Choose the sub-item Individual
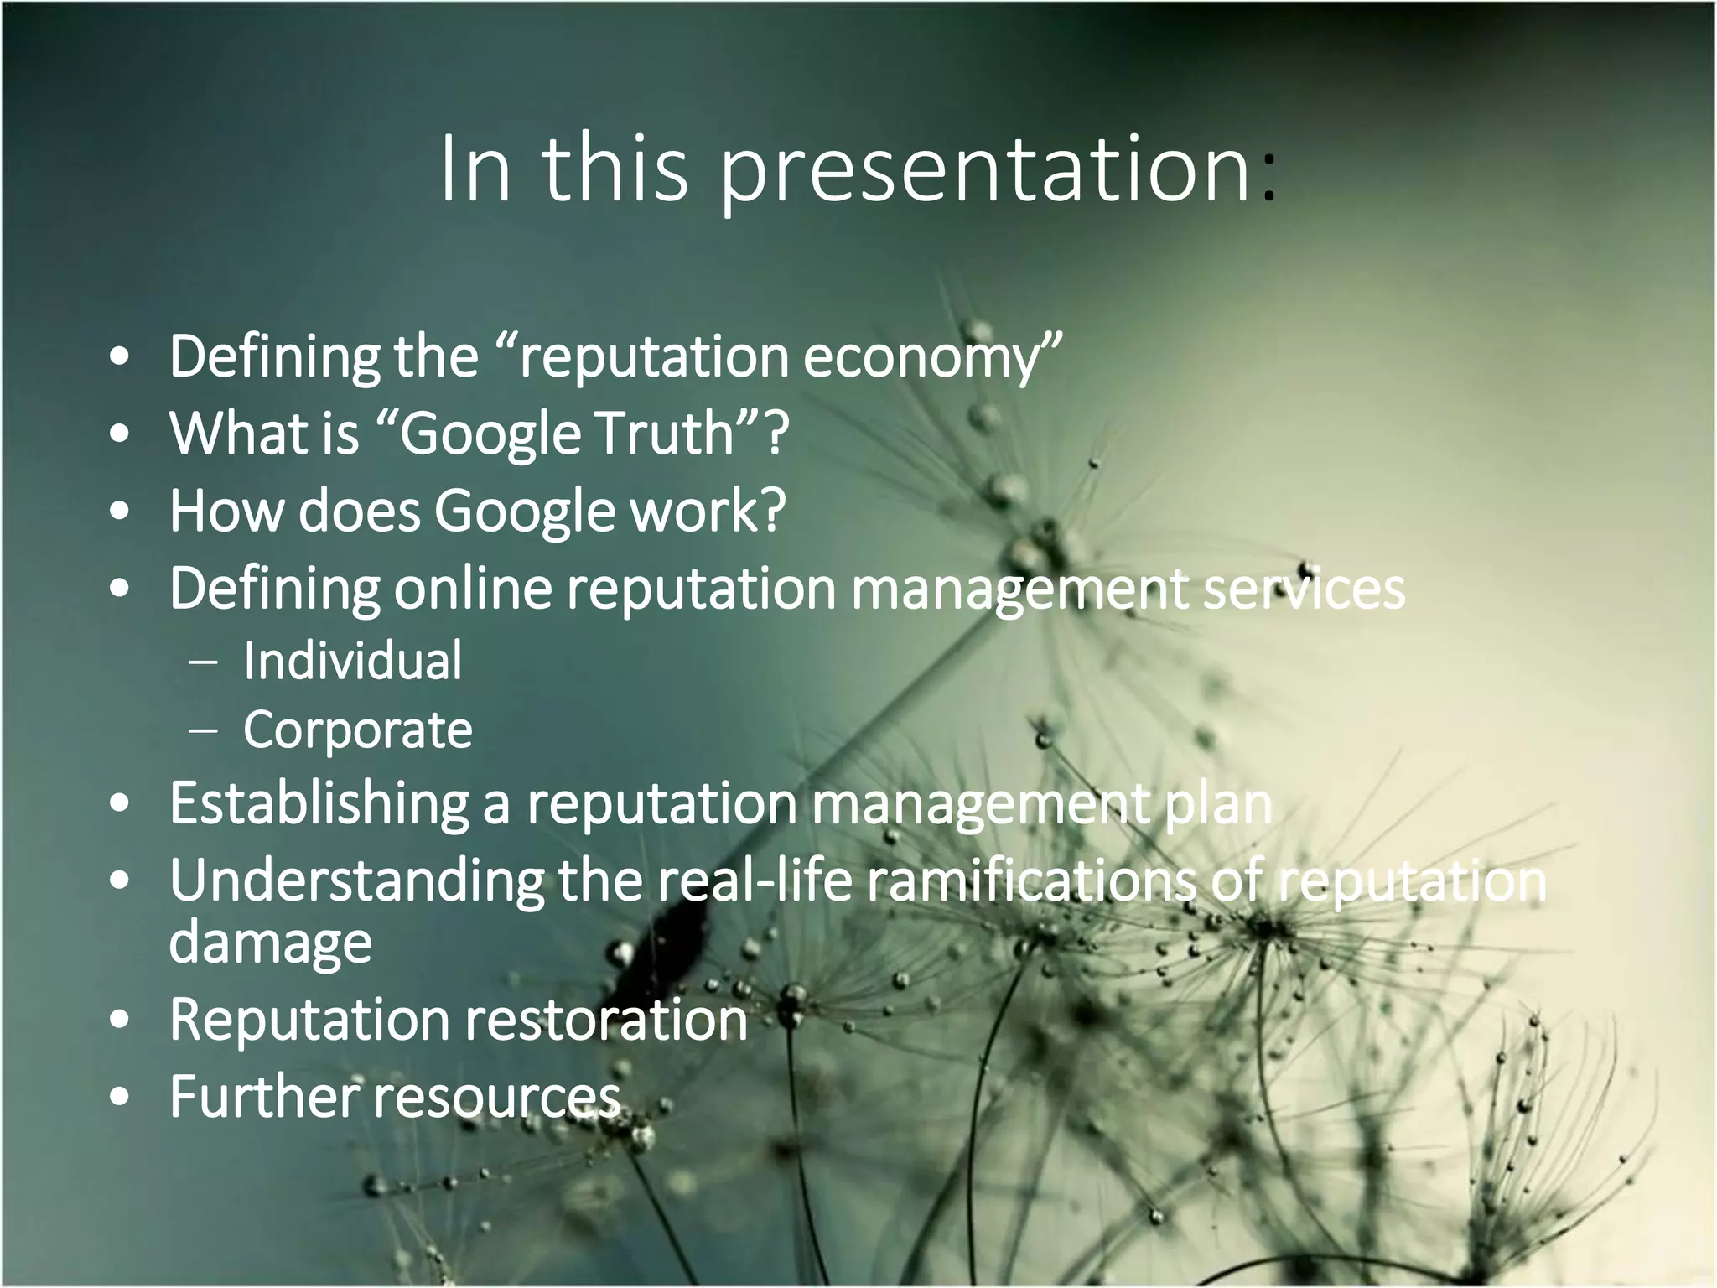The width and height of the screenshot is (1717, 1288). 352,661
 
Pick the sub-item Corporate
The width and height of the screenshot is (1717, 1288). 358,730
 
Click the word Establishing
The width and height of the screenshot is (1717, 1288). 319,803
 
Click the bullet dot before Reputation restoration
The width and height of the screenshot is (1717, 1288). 120,1021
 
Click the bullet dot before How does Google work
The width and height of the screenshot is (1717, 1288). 120,511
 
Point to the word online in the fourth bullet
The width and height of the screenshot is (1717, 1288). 473,588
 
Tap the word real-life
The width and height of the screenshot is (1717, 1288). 754,880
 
